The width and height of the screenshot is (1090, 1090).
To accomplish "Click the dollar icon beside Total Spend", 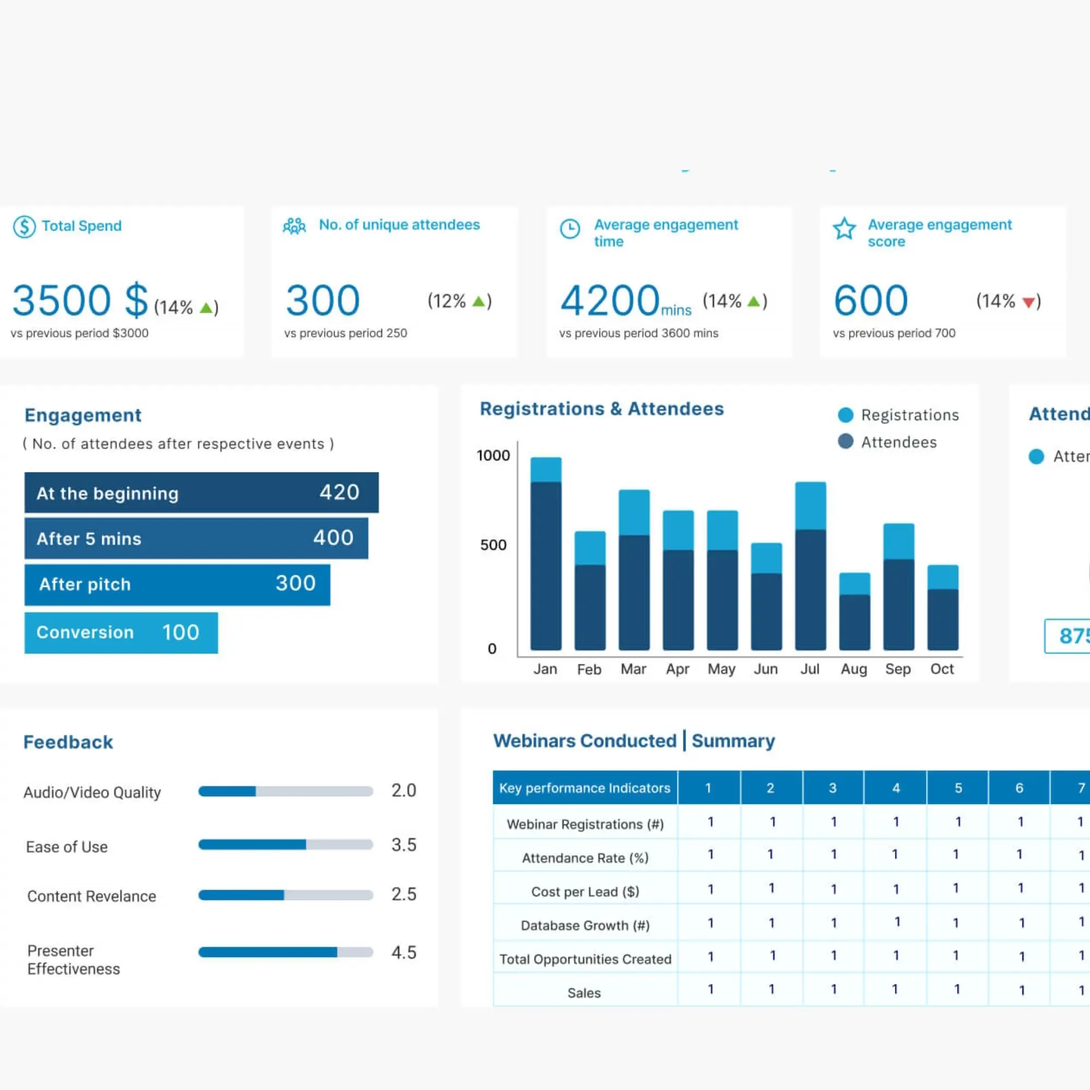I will click(x=25, y=227).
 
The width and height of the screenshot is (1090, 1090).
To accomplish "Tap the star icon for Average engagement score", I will click(x=844, y=228).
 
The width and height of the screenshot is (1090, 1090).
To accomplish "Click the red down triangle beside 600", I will click(x=1028, y=303).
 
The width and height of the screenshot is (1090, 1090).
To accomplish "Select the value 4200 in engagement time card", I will click(x=609, y=300).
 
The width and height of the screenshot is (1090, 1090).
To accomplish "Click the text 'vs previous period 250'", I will click(x=346, y=333).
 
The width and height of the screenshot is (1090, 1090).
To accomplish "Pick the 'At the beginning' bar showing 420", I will click(x=202, y=493).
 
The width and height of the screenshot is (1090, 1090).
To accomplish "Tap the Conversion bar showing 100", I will click(x=121, y=632).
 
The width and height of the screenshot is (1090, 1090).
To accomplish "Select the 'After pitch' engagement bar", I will click(x=177, y=584).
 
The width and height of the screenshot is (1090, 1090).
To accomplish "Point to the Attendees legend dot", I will click(x=845, y=441).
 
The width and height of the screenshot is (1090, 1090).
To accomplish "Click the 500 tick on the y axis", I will click(x=493, y=545).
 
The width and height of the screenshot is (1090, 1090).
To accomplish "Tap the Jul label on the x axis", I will click(x=810, y=669).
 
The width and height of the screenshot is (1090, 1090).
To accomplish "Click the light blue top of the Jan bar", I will click(x=546, y=469).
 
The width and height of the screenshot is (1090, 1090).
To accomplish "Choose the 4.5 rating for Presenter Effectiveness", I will click(x=404, y=952).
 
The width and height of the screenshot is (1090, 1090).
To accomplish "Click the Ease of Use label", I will click(x=66, y=847).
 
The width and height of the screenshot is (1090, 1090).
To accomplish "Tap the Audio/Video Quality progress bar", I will click(x=286, y=791).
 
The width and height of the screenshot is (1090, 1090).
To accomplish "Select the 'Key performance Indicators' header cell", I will click(x=584, y=788).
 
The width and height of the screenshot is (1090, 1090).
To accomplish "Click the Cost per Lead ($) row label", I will click(x=584, y=892).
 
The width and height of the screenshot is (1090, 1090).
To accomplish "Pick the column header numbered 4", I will click(x=895, y=788).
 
